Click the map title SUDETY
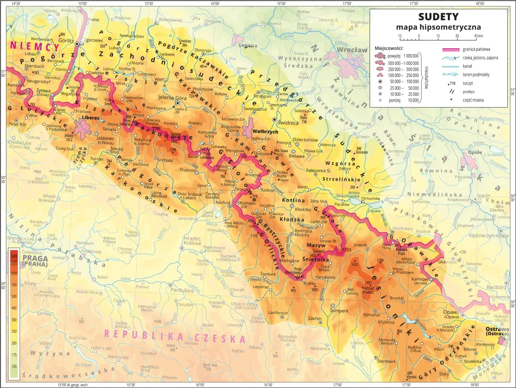point(438,17)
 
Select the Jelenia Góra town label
point(172,98)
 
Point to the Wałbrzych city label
point(265,132)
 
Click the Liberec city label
point(90,118)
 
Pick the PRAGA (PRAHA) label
point(35,261)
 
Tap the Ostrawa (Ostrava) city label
point(497,331)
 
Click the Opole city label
point(475,153)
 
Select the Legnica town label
point(248,46)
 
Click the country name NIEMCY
point(34,46)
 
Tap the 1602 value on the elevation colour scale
point(14,256)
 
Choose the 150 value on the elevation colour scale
point(14,366)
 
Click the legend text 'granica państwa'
point(476,50)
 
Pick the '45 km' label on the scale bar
point(478,36)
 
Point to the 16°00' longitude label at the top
point(215,3)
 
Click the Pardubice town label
point(182,290)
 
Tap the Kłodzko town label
point(303,210)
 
